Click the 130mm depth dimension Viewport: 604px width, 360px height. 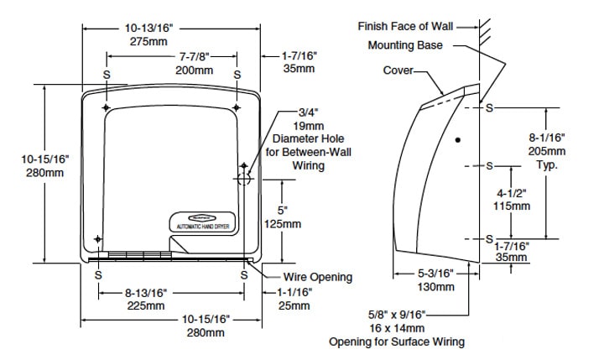click(436, 287)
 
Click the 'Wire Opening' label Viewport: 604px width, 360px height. click(318, 277)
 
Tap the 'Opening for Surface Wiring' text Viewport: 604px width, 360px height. click(396, 342)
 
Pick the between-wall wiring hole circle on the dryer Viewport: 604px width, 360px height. click(243, 180)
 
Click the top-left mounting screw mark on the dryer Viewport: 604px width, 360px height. click(105, 108)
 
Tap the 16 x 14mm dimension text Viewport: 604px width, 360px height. click(398, 328)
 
